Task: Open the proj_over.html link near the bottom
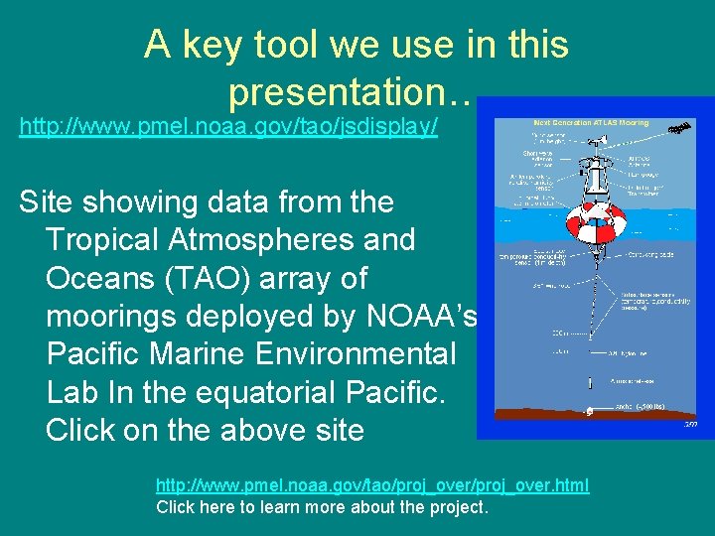point(371,485)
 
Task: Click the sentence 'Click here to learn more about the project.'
point(323,507)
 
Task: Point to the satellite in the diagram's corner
point(680,129)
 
